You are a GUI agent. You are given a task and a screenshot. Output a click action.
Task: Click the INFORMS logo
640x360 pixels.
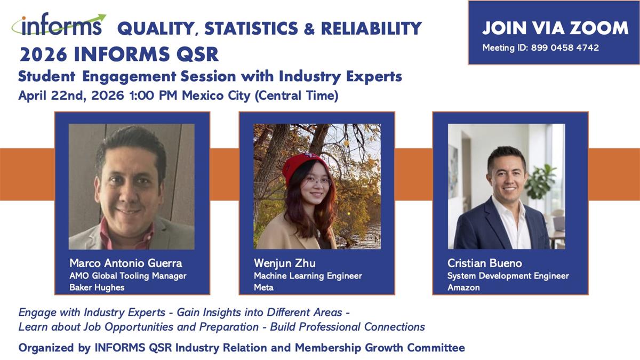coord(59,24)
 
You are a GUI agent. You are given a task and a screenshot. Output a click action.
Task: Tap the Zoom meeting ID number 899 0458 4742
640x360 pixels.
coord(565,47)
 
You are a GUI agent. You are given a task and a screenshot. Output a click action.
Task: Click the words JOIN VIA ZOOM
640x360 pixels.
coord(555,28)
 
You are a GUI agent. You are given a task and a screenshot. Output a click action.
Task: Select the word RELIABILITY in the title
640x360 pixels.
coord(371,28)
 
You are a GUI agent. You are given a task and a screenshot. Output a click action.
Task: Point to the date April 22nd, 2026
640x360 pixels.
coord(71,95)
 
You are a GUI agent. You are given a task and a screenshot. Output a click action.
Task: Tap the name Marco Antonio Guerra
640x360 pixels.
coord(126,263)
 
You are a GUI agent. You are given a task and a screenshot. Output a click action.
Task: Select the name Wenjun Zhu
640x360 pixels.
coord(285,263)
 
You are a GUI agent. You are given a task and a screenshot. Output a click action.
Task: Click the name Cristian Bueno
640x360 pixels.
coord(485,263)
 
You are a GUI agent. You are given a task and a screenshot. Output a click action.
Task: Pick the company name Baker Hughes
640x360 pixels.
coord(97,287)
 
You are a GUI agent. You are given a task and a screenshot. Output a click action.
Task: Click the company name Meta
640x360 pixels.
coord(263,287)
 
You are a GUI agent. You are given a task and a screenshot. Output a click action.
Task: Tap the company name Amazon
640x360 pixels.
coord(463,287)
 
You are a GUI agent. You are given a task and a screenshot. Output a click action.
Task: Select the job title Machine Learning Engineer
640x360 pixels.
coord(308,276)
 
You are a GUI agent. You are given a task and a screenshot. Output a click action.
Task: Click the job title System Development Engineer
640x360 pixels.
coord(508,276)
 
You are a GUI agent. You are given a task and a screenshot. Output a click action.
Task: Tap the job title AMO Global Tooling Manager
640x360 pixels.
coord(127,276)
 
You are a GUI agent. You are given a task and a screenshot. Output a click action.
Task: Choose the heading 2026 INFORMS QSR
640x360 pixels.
coord(119,54)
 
